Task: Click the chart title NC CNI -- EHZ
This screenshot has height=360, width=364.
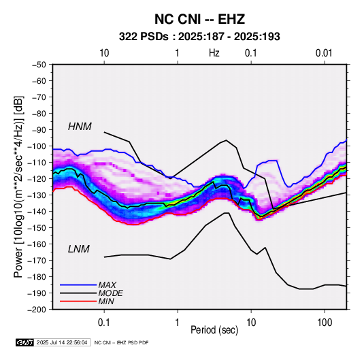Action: (x=199, y=19)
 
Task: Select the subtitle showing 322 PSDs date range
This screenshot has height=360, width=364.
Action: (x=199, y=37)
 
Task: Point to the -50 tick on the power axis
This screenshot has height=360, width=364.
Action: (x=39, y=65)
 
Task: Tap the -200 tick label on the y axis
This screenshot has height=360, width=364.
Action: (x=37, y=310)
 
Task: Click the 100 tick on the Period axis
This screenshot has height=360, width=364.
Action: (x=325, y=323)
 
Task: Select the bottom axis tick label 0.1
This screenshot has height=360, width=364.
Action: (x=104, y=323)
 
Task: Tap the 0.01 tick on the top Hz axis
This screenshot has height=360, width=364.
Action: (x=324, y=53)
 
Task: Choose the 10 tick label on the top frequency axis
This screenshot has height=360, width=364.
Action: (x=104, y=53)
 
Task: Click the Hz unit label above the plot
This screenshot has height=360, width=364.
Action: (x=214, y=53)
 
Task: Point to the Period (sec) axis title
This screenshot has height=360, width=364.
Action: (x=214, y=330)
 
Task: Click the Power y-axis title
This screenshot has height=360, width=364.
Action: (x=18, y=186)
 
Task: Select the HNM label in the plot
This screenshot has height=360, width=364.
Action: (x=80, y=127)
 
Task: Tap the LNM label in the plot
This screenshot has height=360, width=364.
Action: (x=79, y=249)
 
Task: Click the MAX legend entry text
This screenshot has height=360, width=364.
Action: (x=107, y=285)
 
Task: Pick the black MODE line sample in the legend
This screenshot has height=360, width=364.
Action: (x=78, y=293)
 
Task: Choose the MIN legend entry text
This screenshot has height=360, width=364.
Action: (x=106, y=301)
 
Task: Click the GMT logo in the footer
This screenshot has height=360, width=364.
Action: (x=25, y=342)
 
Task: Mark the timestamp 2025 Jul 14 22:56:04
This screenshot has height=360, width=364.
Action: (x=62, y=342)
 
